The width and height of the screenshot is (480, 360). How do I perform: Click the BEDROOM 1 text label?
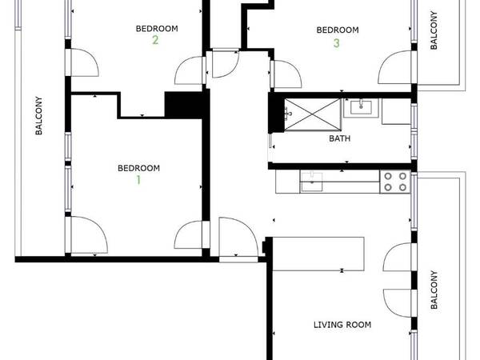click(138, 168)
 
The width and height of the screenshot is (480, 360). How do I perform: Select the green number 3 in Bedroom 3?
click(337, 43)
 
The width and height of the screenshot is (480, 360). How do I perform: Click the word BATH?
click(339, 138)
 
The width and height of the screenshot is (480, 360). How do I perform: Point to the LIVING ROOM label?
click(342, 325)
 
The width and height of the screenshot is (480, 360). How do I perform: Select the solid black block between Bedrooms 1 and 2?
click(181, 105)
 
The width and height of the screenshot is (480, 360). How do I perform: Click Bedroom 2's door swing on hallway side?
click(190, 70)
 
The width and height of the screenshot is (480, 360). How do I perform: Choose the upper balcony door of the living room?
click(398, 261)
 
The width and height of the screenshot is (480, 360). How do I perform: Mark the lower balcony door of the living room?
click(398, 300)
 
